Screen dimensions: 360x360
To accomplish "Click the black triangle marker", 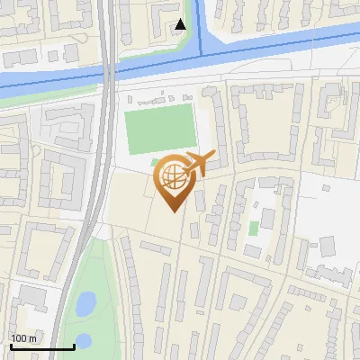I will [x=181, y=24].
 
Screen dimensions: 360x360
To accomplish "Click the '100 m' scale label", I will [x=23, y=338].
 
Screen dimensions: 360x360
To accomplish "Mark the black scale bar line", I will [x=41, y=346].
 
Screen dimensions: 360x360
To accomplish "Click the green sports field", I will [x=159, y=128].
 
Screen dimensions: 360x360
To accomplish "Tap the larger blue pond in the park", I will [x=85, y=304].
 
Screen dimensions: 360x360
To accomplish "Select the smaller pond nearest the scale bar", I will [x=83, y=340].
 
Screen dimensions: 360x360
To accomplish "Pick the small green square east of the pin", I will [x=254, y=226].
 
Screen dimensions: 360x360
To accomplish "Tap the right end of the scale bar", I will [x=73, y=346].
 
